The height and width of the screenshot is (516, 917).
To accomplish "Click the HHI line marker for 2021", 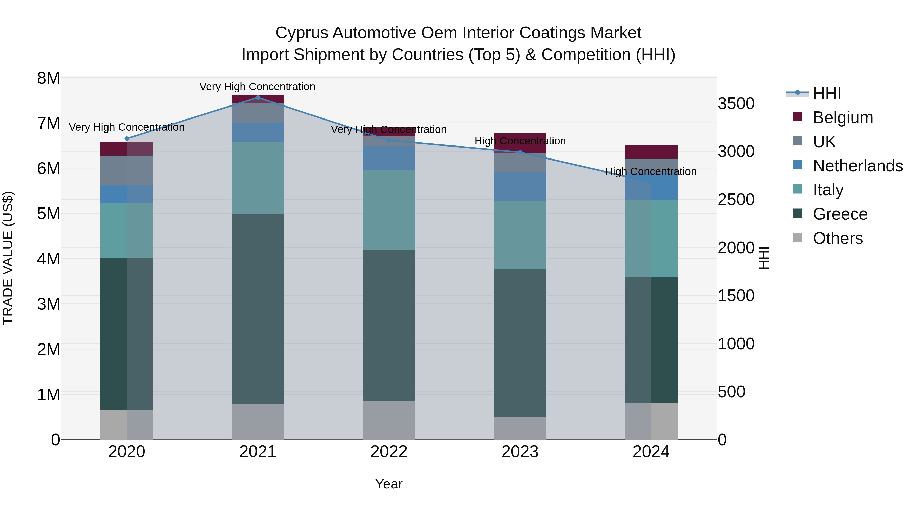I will pos(258,97).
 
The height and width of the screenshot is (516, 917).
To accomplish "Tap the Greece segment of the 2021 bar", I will pos(258,308).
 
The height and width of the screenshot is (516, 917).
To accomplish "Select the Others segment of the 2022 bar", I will pos(389,420).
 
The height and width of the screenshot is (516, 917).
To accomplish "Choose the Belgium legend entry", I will pos(843,117).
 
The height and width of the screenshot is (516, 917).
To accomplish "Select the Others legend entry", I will pos(838,238).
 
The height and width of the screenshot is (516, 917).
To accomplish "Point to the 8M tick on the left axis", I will pos(48,78).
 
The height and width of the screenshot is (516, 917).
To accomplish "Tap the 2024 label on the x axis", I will pos(651,452).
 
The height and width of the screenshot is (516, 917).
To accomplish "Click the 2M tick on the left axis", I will pos(48,349).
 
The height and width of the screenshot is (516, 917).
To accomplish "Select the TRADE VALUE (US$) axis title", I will pos(8,258).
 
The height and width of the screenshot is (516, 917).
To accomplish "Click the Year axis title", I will pos(389,484).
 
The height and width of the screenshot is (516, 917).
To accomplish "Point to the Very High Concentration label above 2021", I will pos(257,87).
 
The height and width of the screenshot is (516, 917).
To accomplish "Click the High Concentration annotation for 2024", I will pos(651,172).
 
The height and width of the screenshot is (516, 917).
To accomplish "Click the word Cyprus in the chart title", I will pos(301,33).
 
